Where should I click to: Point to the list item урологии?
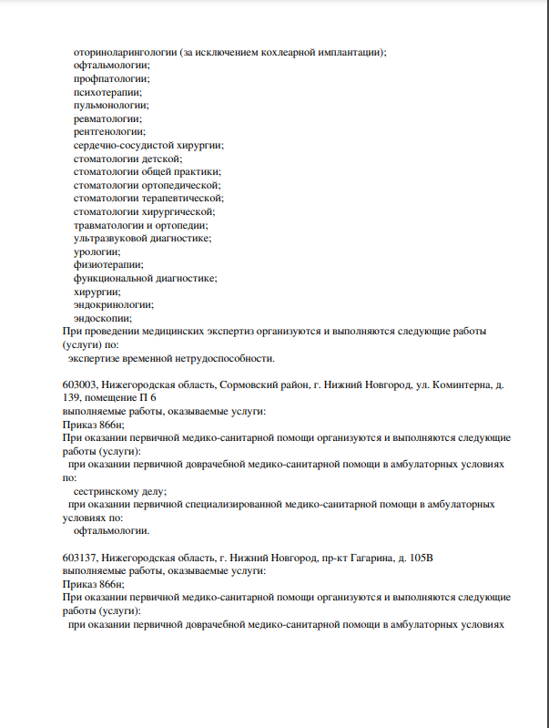97,251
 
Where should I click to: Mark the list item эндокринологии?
113,304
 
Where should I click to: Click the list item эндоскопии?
102,318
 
